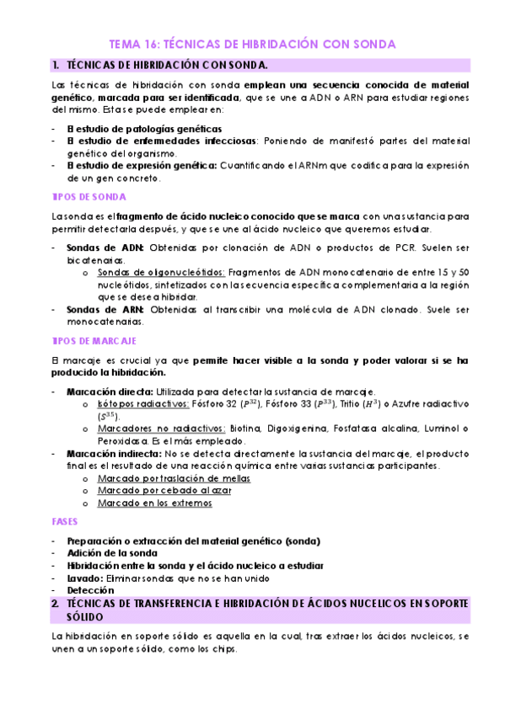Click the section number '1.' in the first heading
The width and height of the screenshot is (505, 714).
(x=55, y=65)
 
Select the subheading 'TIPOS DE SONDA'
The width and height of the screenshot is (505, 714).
(x=89, y=196)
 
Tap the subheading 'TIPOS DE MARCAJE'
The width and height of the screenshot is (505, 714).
(x=94, y=341)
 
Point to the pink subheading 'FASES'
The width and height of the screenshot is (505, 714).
(x=65, y=522)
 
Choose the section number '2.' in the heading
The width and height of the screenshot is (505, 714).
(x=55, y=605)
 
